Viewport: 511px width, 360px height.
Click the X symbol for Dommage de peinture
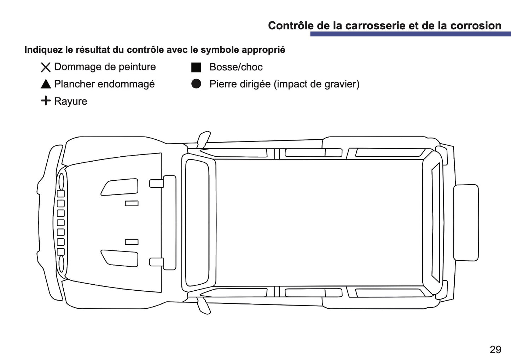tap(46, 67)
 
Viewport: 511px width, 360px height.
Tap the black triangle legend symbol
tap(46, 84)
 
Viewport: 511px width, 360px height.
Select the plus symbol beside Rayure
tap(46, 100)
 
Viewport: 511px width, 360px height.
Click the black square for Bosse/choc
tap(196, 67)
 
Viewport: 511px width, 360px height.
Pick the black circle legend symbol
tap(196, 84)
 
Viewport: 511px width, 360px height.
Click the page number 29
tap(495, 349)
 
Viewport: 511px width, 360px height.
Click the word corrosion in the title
tap(476, 25)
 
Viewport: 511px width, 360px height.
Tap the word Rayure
tap(71, 101)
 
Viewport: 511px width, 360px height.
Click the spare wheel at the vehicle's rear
tap(466, 222)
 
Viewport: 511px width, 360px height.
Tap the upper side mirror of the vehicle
tap(204, 139)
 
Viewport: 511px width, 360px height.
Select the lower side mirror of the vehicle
tap(204, 306)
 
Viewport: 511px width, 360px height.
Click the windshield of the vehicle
tap(197, 222)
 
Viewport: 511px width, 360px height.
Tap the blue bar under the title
tap(411, 34)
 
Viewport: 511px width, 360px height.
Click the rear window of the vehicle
tap(436, 222)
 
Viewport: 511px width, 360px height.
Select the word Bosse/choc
tap(236, 67)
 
